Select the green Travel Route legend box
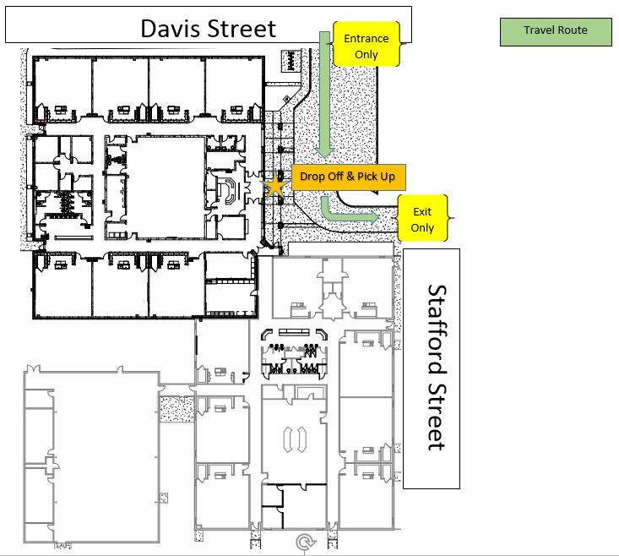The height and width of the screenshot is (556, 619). click(556, 32)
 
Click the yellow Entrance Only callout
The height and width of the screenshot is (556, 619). click(367, 44)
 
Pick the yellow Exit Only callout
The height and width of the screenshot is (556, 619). click(422, 218)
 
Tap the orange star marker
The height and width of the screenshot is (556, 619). click(274, 186)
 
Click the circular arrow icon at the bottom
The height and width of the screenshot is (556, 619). click(305, 542)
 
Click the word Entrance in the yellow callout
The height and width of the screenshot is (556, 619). click(367, 38)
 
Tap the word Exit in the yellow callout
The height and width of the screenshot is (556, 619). click(422, 211)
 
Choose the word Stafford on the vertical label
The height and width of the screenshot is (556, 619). click(437, 330)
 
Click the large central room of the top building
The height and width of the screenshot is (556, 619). click(166, 188)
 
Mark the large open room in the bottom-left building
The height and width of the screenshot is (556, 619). click(106, 458)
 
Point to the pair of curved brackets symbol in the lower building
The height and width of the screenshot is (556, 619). click(295, 439)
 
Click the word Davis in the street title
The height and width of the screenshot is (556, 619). click(171, 29)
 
